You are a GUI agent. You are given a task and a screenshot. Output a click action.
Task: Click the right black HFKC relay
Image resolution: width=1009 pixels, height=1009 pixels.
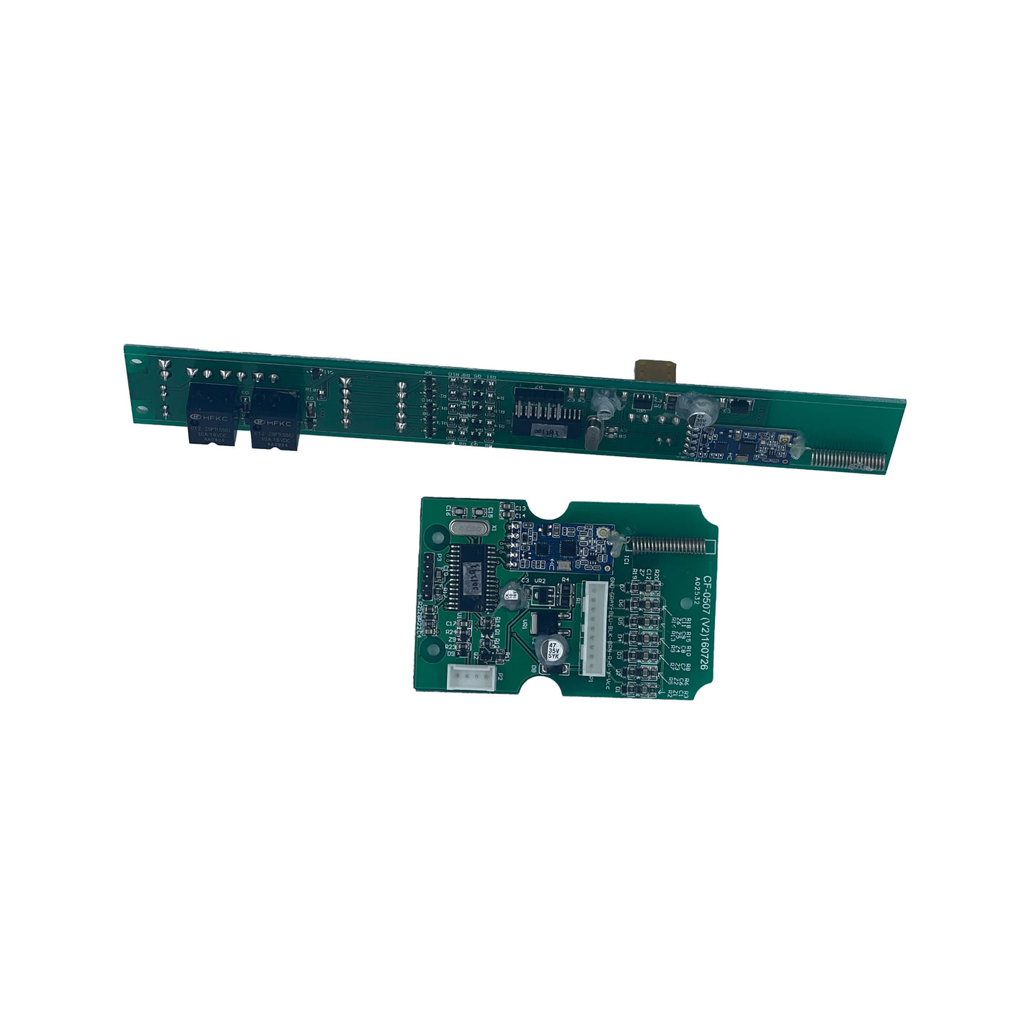click(275, 419)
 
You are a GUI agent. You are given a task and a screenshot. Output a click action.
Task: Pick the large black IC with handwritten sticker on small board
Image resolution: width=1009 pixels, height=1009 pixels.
click(471, 579)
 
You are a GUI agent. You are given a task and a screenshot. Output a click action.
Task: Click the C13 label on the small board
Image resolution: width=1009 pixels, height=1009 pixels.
click(521, 508)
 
